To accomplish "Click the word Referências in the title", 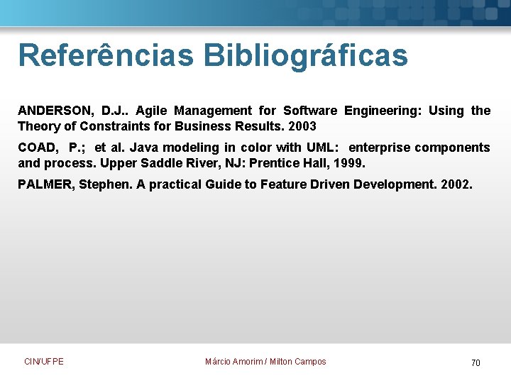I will click(x=105, y=55).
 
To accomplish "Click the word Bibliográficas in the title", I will click(x=305, y=55).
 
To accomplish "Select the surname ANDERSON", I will click(x=55, y=111).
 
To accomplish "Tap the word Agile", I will click(x=152, y=111).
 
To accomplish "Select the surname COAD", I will click(x=35, y=148).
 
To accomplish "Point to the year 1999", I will click(x=350, y=163).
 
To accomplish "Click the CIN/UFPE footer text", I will click(x=44, y=362).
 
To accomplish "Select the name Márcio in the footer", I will click(x=219, y=362).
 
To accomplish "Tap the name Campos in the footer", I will click(x=310, y=362).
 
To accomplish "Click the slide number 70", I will click(x=476, y=363).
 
